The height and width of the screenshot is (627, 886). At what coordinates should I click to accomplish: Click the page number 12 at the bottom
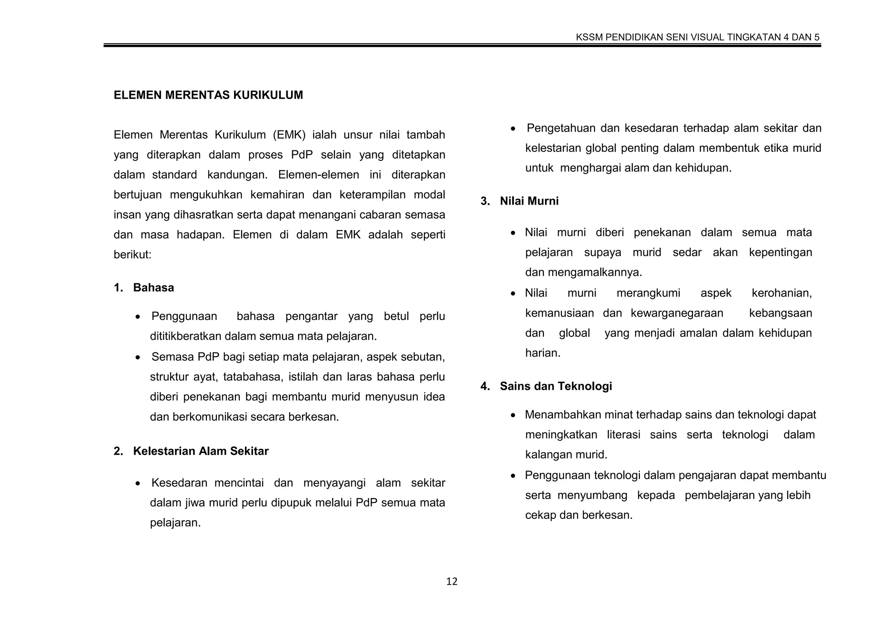point(452,582)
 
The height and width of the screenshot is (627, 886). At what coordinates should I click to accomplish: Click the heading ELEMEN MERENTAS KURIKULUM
point(208,95)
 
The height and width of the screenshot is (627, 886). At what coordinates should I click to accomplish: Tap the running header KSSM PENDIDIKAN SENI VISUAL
point(697,37)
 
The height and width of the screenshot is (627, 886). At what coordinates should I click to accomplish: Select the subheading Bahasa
point(153,288)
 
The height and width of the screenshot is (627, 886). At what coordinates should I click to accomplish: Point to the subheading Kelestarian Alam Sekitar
point(201,451)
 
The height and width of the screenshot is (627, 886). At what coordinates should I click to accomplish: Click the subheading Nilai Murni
point(529,201)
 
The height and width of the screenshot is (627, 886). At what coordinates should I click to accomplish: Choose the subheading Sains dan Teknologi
point(556,386)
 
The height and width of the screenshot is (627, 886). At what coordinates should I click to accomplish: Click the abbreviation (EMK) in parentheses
point(289,135)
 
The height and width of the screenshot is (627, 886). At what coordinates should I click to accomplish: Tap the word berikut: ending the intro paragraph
point(132,255)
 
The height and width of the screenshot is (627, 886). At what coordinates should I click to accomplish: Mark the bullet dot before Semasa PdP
point(138,358)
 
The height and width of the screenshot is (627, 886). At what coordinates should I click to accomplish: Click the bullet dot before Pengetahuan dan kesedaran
point(513,129)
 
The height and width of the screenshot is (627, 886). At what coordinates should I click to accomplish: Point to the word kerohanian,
point(781,293)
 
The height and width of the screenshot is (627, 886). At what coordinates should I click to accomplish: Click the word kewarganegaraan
point(677,313)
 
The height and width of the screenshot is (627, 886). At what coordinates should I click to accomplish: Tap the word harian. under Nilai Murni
point(543,353)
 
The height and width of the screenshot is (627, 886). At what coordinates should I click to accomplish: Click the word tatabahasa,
point(253,377)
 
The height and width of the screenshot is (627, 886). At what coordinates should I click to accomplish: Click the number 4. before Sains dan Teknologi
point(485,386)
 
